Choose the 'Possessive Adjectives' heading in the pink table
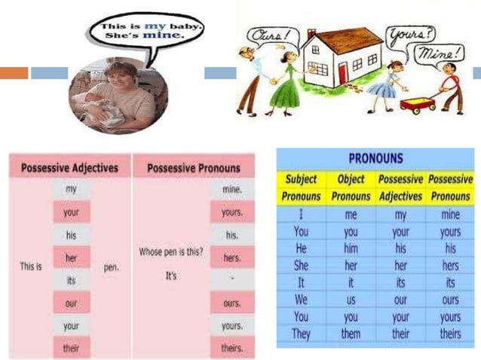[x=69, y=167]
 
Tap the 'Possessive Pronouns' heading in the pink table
[x=194, y=167]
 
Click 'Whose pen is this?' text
[x=171, y=252]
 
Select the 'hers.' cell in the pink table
[x=232, y=258]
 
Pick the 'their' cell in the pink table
[x=71, y=348]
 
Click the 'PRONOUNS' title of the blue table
[x=376, y=159]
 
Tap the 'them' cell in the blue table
[x=351, y=333]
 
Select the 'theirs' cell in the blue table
[x=450, y=333]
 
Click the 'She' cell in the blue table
[x=301, y=265]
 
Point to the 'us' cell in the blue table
[x=351, y=299]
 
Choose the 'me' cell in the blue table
[x=351, y=215]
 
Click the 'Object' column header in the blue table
[x=351, y=180]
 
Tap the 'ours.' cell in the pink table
[x=232, y=303]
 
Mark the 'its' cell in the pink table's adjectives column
[x=71, y=280]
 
